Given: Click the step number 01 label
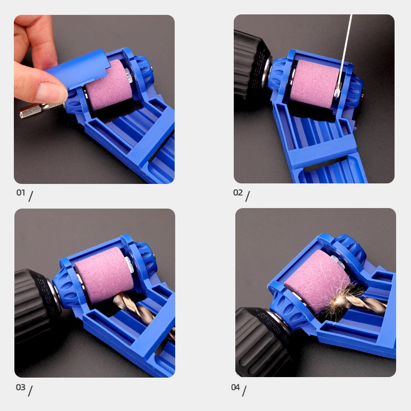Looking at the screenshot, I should pyautogui.click(x=21, y=193).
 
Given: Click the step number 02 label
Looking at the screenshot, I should pyautogui.click(x=238, y=193).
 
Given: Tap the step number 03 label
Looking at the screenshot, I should pyautogui.click(x=21, y=387).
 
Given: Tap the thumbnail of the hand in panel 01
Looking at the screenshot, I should pyautogui.click(x=51, y=93).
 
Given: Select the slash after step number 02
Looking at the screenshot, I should pyautogui.click(x=247, y=196).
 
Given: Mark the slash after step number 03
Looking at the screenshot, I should pyautogui.click(x=30, y=390).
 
